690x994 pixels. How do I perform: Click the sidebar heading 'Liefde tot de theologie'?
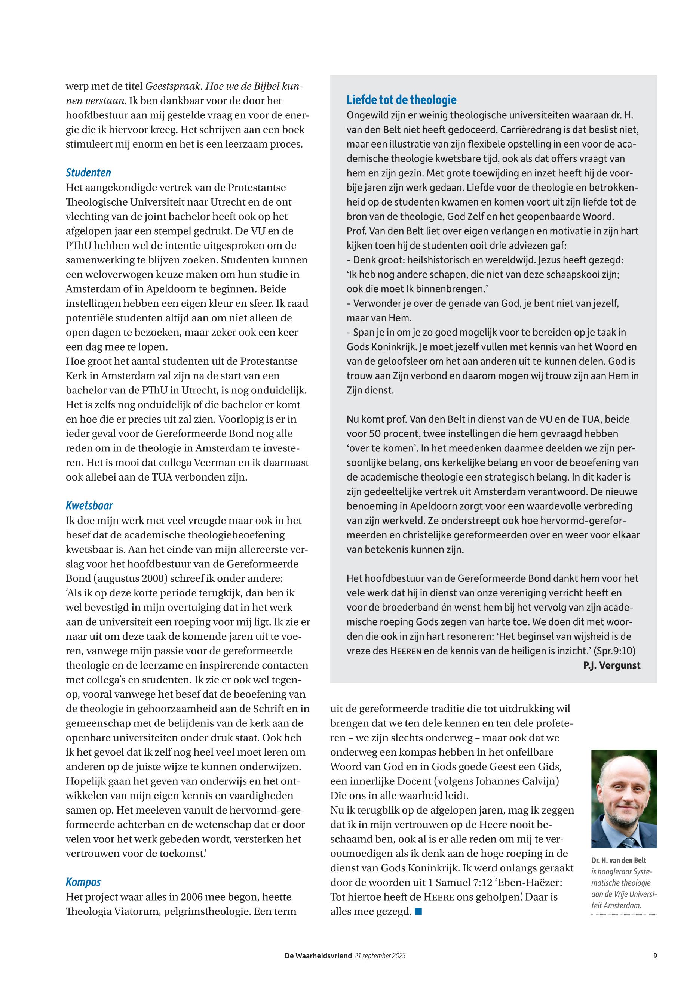[x=401, y=100]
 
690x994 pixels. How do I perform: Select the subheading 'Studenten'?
[x=88, y=173]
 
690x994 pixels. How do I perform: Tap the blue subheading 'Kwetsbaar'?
[x=89, y=506]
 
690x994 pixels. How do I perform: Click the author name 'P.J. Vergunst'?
[x=611, y=666]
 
